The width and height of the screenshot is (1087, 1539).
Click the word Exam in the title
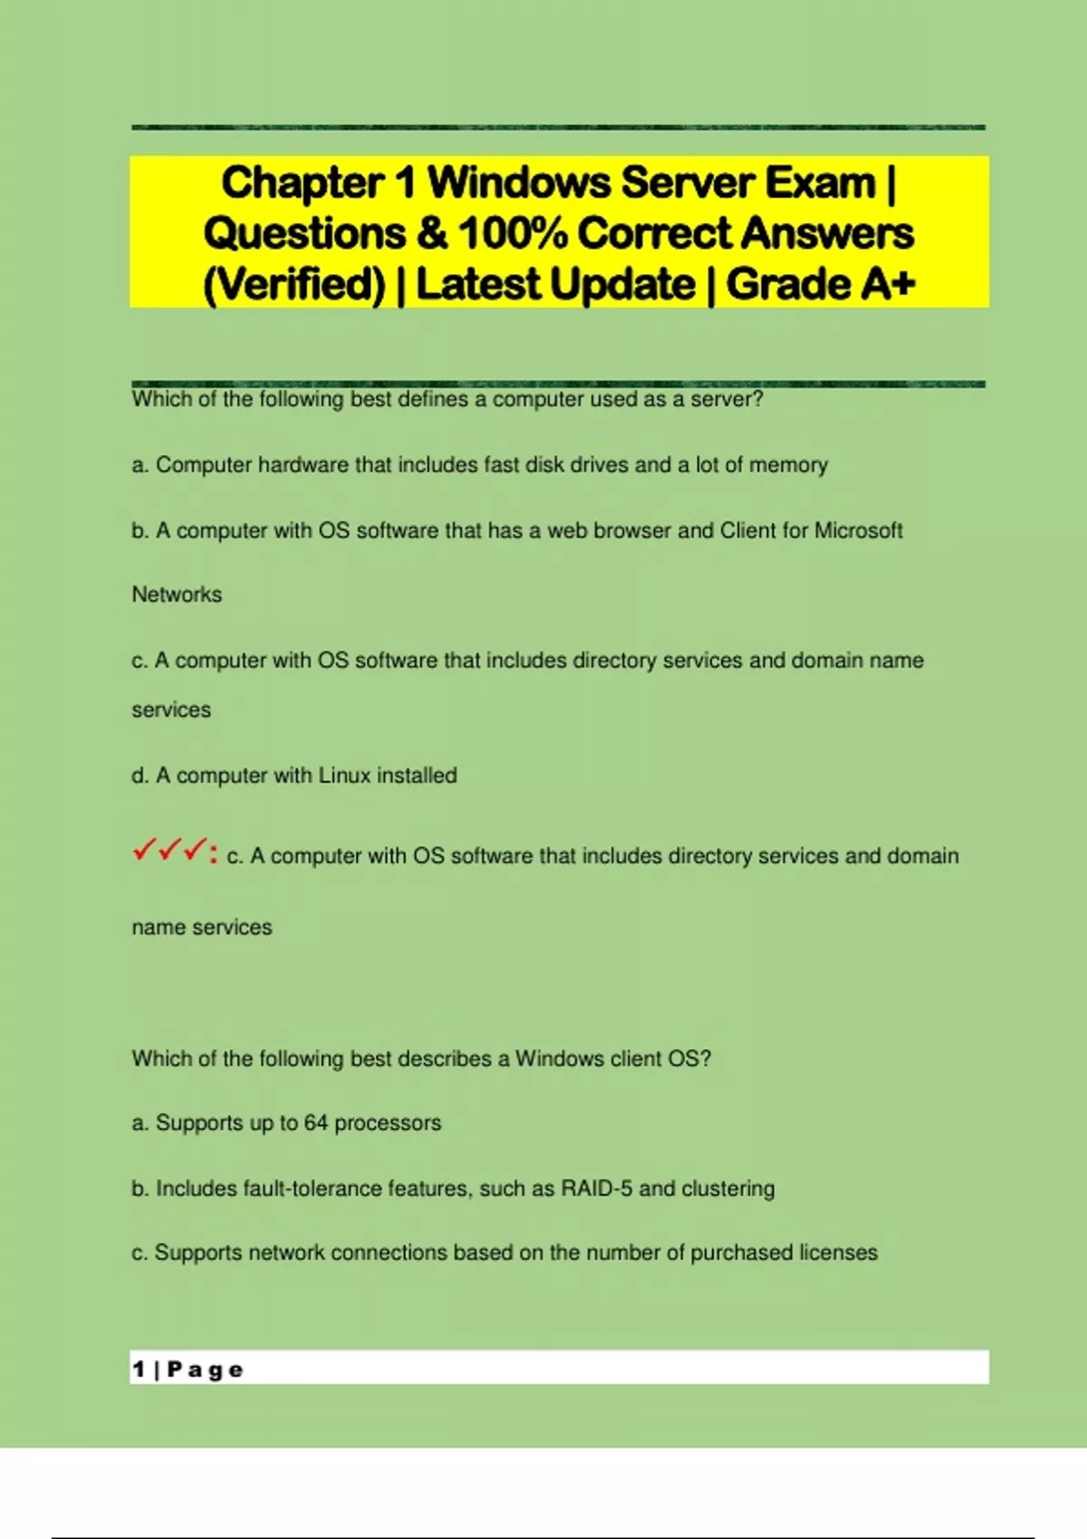pos(822,183)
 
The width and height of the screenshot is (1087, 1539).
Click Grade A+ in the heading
pos(821,284)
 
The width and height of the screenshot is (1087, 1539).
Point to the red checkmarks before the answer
pos(169,851)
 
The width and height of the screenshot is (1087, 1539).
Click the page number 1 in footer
pos(139,1369)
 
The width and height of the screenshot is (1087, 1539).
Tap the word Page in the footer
pos(206,1369)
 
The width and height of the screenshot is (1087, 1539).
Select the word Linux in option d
pos(344,775)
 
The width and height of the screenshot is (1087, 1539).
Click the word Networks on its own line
pos(177,595)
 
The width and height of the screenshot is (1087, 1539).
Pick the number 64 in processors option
pos(315,1123)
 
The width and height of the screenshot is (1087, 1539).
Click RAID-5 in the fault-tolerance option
pos(597,1188)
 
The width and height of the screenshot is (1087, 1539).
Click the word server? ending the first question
pos(726,399)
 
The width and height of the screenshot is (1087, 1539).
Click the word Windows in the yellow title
pos(519,183)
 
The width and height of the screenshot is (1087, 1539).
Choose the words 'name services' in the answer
pos(201,927)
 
